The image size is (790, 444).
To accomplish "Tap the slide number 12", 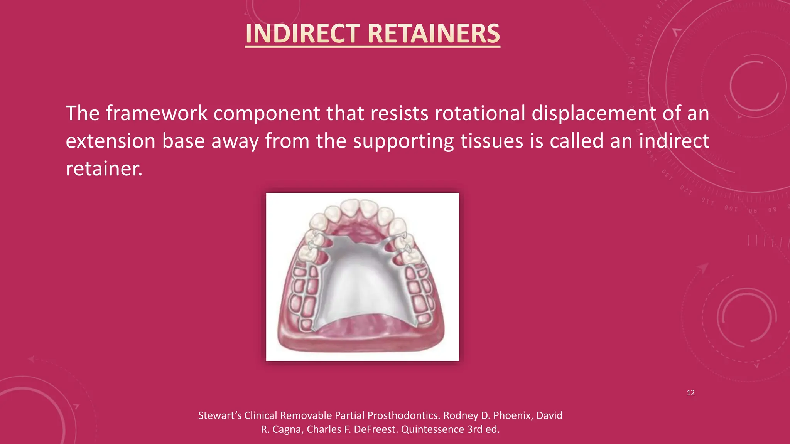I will (x=690, y=393).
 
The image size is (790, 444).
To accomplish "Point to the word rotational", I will (x=479, y=113).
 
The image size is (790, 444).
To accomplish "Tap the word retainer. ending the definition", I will (x=104, y=169).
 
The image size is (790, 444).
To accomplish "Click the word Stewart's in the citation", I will (x=219, y=415).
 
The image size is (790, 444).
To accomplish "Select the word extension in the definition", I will (x=110, y=141).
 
